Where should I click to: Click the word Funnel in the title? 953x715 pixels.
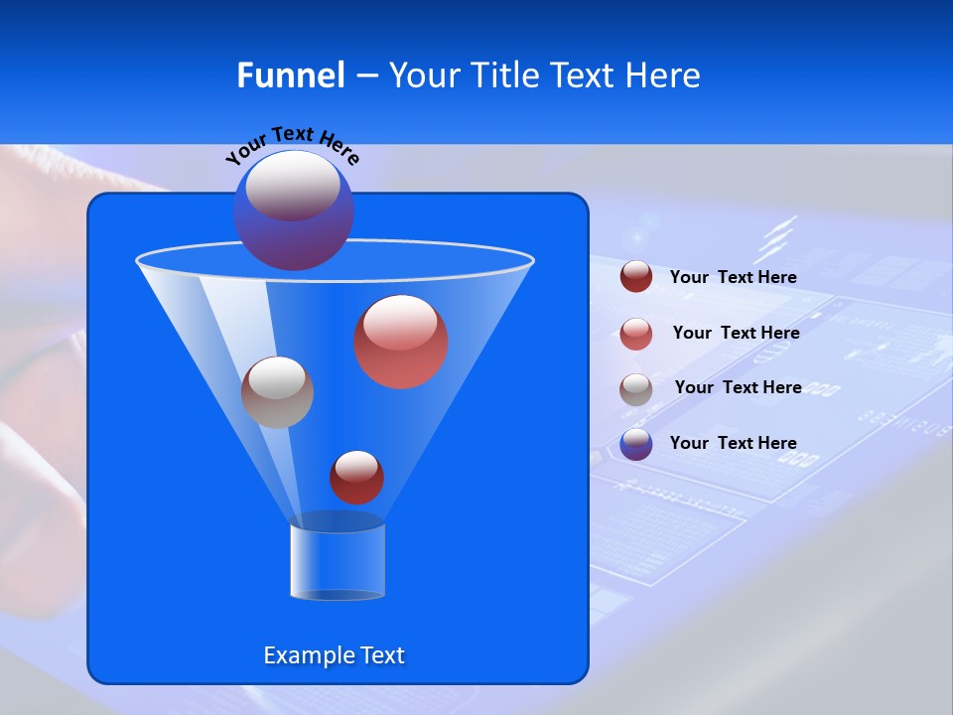(290, 75)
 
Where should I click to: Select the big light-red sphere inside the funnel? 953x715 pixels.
(400, 342)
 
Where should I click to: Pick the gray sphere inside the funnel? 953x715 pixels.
(277, 392)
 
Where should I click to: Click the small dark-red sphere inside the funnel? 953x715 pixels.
(356, 478)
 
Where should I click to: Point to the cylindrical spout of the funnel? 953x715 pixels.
(338, 562)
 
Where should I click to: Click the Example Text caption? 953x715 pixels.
(334, 655)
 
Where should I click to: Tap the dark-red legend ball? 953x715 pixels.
(636, 277)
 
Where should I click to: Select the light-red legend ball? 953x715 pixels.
(636, 334)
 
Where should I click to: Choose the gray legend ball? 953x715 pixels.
(636, 389)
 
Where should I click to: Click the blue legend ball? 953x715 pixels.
(636, 444)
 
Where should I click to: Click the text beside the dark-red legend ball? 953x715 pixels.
(733, 277)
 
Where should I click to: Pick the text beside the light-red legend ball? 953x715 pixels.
(736, 333)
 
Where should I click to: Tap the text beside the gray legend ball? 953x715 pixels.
(738, 387)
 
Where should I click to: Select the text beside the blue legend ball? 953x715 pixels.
(733, 443)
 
